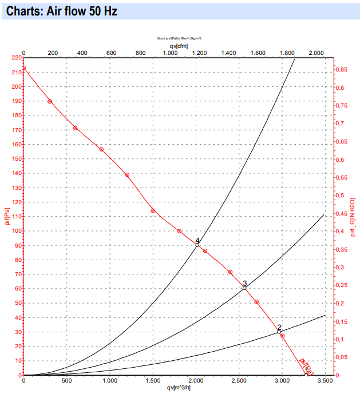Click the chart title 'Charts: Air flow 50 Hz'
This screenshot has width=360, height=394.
click(61, 11)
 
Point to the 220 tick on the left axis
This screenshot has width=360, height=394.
click(15, 58)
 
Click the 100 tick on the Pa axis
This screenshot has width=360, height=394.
click(15, 231)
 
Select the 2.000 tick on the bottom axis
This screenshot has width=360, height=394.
click(196, 380)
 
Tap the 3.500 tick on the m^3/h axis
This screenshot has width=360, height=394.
click(325, 380)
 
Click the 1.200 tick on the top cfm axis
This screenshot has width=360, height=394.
click(199, 53)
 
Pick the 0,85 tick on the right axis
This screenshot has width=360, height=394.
click(341, 70)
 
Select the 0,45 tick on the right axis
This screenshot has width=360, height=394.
click(341, 214)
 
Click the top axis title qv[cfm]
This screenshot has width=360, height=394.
click(179, 45)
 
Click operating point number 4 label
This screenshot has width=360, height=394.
click(197, 241)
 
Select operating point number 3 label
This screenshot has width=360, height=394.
click(244, 284)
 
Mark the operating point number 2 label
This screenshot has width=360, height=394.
click(279, 328)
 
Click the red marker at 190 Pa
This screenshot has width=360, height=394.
click(50, 101)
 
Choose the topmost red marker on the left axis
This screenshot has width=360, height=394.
click(23, 67)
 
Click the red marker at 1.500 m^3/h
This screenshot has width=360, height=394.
click(153, 211)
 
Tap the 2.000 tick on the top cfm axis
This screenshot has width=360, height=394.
click(317, 53)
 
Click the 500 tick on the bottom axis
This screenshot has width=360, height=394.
click(66, 380)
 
